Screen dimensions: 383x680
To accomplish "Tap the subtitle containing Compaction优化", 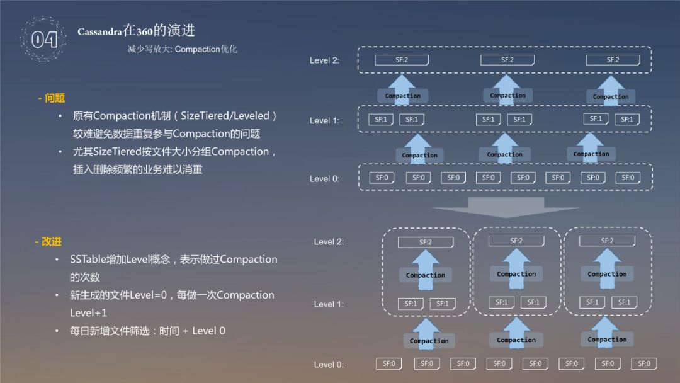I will (182, 49).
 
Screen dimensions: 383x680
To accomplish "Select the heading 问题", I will (51, 98).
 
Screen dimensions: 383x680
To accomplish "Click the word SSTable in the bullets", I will (89, 260).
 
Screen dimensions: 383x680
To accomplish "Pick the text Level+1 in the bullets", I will (88, 313).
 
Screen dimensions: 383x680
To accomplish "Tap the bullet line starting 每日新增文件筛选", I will (147, 331).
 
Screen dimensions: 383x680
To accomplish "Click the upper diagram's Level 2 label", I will (324, 60).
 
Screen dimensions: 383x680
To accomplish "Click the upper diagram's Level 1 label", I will (324, 120).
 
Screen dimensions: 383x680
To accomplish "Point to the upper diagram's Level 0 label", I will (324, 179).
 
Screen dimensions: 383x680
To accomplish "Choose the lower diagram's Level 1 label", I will (329, 304).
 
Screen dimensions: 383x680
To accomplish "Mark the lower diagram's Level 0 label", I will (329, 364).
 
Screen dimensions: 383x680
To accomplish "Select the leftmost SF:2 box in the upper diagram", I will (402, 60).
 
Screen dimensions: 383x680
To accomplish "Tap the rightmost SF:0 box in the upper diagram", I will (628, 178).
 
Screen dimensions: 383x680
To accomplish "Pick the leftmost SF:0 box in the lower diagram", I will (389, 363).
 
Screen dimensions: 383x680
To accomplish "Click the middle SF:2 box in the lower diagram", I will (516, 241).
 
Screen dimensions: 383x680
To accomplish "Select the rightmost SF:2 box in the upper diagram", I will (613, 60).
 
